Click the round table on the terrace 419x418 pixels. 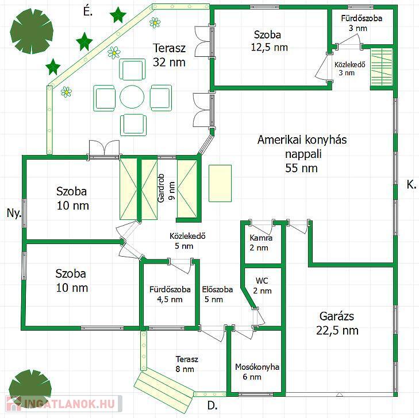click(132, 96)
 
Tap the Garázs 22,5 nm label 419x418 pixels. click(337, 323)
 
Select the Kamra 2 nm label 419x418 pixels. click(261, 243)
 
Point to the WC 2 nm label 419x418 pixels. click(262, 285)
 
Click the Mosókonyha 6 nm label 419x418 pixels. click(257, 372)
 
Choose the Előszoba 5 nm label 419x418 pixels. click(217, 294)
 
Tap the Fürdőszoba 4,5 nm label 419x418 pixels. click(170, 294)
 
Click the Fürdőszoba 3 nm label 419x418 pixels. click(362, 23)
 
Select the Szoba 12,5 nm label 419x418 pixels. click(269, 41)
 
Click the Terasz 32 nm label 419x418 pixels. click(169, 55)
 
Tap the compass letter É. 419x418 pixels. click(87, 11)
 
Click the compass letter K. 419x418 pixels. click(412, 184)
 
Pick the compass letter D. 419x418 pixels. click(212, 406)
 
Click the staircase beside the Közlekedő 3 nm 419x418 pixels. click(381, 68)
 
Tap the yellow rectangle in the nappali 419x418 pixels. click(220, 183)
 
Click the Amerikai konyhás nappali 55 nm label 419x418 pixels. click(302, 154)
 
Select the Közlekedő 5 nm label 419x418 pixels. click(187, 241)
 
